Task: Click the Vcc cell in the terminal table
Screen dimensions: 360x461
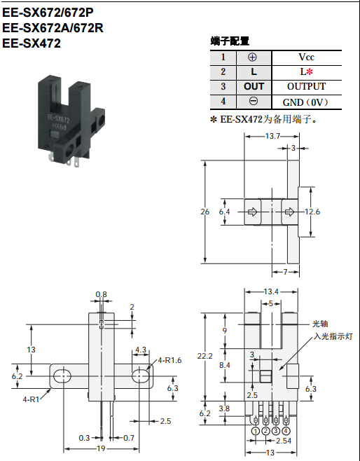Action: (x=307, y=57)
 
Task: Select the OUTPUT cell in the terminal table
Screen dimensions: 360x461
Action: (x=307, y=86)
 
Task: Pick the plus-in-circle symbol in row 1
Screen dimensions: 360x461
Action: (x=252, y=57)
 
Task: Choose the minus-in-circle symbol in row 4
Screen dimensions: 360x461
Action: (x=254, y=101)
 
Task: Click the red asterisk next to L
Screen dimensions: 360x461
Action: (x=310, y=71)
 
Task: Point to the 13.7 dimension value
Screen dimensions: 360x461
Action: (x=272, y=136)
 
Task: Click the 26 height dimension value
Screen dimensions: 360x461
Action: (x=205, y=212)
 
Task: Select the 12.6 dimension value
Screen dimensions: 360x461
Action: (x=312, y=212)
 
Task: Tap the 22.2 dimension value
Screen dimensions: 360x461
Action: (x=205, y=356)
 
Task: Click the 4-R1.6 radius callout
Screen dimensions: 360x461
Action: (x=169, y=360)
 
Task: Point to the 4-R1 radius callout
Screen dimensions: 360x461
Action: (x=31, y=399)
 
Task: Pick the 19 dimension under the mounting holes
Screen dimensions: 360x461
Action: (x=101, y=448)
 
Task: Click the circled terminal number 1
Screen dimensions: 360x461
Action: (x=256, y=431)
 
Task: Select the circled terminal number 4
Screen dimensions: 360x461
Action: (x=286, y=431)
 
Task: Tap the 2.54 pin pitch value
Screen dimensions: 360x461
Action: (x=284, y=441)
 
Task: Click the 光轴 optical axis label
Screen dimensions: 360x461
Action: (x=320, y=324)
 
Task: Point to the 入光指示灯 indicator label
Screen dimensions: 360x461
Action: (x=333, y=336)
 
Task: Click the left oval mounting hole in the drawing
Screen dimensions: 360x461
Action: (x=62, y=376)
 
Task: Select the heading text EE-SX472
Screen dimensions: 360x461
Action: (x=32, y=43)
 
